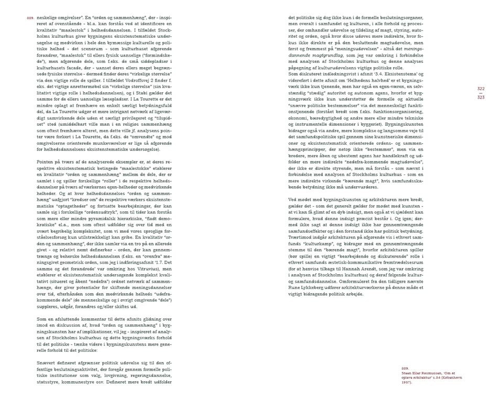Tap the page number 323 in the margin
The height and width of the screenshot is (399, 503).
pos(481,98)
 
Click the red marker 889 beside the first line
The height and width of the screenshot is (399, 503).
pos(30,18)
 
